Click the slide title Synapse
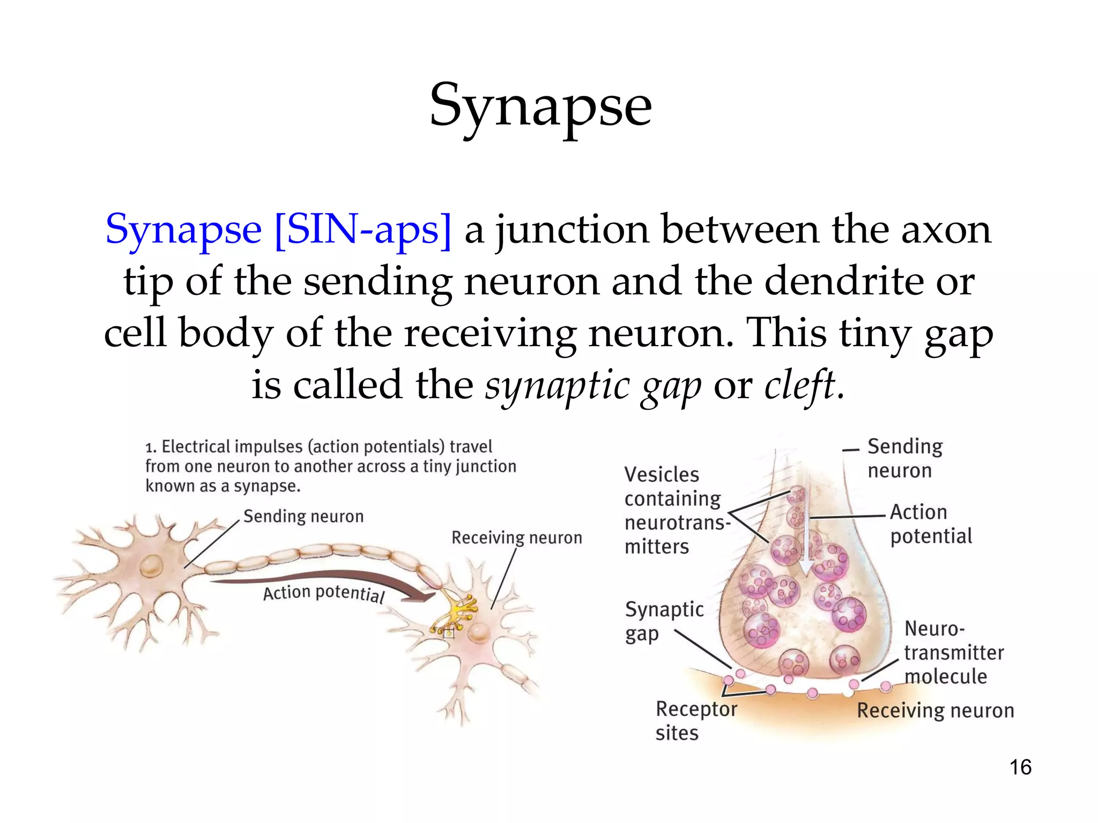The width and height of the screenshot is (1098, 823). click(x=540, y=106)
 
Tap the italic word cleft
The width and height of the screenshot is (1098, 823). click(x=800, y=385)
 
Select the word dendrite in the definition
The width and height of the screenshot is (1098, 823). click(x=843, y=282)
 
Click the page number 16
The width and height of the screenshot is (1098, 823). click(x=1020, y=767)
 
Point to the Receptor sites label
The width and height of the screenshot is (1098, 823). click(x=695, y=721)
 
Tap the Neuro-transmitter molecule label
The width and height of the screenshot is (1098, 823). click(x=953, y=653)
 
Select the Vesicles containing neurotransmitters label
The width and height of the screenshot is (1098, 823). click(x=677, y=511)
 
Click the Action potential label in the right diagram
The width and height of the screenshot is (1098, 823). click(x=931, y=524)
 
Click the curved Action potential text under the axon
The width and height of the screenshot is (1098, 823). click(x=324, y=593)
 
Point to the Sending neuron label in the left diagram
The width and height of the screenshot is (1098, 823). click(x=303, y=517)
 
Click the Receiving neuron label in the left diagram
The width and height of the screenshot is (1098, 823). click(x=516, y=537)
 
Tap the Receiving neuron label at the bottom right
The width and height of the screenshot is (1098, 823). click(x=935, y=710)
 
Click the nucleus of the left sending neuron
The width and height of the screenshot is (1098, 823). click(x=151, y=566)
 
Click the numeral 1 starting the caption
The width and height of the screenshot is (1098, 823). click(x=150, y=447)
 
